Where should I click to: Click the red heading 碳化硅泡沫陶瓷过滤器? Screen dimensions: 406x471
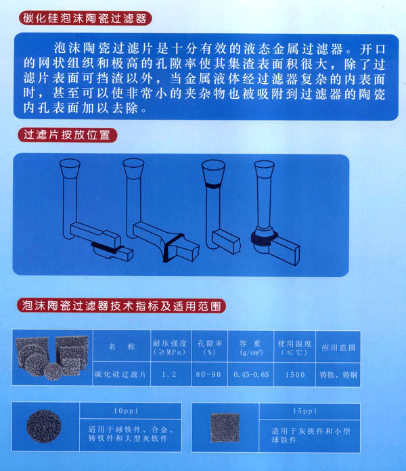point(85,18)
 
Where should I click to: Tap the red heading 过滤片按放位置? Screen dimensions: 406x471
point(67,135)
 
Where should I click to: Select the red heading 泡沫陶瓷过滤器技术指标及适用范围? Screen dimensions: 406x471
point(121,306)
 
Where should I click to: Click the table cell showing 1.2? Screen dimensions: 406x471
point(169,375)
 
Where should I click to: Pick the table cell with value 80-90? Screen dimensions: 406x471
point(208,375)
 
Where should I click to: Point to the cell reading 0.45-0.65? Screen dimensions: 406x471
point(251,375)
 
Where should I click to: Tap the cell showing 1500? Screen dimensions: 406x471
point(295,375)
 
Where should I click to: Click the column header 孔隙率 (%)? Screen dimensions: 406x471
point(210,347)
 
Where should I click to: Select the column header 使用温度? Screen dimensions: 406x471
point(294,343)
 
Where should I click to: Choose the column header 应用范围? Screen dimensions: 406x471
point(338,348)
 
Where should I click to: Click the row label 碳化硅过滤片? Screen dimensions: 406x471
point(120,374)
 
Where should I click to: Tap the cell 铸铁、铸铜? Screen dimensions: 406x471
point(338,375)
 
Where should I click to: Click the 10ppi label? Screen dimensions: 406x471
point(126,411)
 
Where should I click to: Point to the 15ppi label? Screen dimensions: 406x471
point(305,411)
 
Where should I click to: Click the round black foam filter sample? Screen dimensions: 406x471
point(44,426)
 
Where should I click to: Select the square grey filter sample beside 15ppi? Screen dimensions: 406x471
point(225,428)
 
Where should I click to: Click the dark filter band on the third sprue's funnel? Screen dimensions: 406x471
point(214,186)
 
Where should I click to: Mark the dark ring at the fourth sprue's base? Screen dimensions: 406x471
point(265,238)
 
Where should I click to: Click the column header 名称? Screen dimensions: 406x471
point(122,346)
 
